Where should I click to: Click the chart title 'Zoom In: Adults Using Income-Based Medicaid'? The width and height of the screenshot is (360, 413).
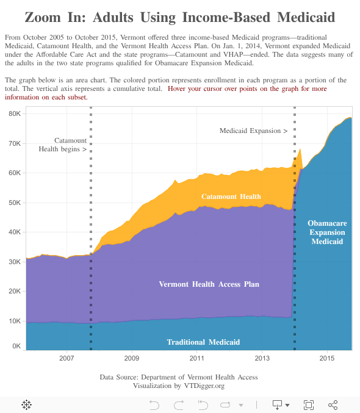coord(180,17)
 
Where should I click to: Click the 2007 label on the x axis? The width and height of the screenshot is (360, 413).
coord(67,358)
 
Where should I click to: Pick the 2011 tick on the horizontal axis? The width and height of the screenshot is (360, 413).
coord(197,358)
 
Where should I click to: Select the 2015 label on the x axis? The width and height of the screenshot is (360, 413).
coord(327,358)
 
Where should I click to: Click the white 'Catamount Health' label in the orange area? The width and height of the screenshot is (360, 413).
coord(231,196)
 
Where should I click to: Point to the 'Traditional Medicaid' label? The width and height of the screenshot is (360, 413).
coord(203,342)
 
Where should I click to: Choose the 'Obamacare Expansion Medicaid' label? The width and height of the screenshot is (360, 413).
coord(327,232)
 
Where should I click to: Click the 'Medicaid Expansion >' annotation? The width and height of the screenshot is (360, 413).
coord(253,131)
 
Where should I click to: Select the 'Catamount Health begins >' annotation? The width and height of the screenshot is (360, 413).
coord(63,145)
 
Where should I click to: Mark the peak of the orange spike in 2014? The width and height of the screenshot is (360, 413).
coord(300,148)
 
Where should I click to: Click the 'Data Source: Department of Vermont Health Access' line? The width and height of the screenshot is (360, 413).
coord(179,377)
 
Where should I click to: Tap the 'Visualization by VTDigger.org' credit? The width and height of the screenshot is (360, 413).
coord(179,386)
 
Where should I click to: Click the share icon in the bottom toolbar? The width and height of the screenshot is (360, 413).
coord(333,404)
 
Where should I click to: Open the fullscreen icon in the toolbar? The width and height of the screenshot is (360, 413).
coord(309,404)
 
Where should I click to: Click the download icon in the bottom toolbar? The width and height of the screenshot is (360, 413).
coord(278,404)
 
